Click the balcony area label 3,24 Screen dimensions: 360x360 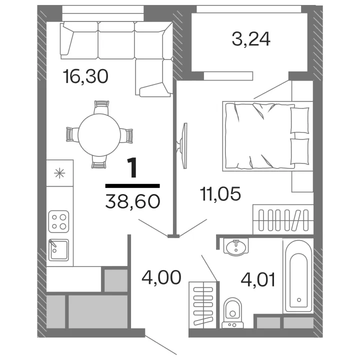[251, 39]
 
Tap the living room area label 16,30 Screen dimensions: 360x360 [85, 76]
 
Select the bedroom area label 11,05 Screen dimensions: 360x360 [220, 193]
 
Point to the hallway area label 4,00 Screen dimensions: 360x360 [161, 277]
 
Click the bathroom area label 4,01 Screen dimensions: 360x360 [258, 279]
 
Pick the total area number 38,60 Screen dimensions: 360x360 [132, 201]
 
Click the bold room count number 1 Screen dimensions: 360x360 [132, 168]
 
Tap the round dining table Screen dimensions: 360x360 [99, 135]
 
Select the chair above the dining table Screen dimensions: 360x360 [101, 107]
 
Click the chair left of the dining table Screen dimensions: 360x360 [72, 134]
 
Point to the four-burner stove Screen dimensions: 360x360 [59, 221]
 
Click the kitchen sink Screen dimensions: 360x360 [59, 250]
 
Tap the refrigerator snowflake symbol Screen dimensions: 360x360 [59, 173]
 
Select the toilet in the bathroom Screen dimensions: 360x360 [232, 312]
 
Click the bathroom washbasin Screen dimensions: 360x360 [236, 247]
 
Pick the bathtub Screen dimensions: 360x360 [298, 276]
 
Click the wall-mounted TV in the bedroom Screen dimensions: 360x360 [182, 146]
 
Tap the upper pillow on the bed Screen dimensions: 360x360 [299, 120]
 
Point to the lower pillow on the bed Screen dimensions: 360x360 [299, 151]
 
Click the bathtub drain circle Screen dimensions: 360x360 [299, 300]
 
